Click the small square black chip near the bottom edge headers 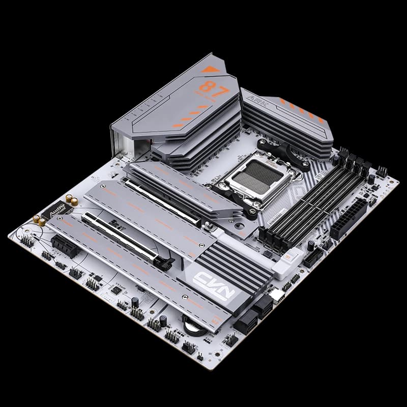coord(116,290)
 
